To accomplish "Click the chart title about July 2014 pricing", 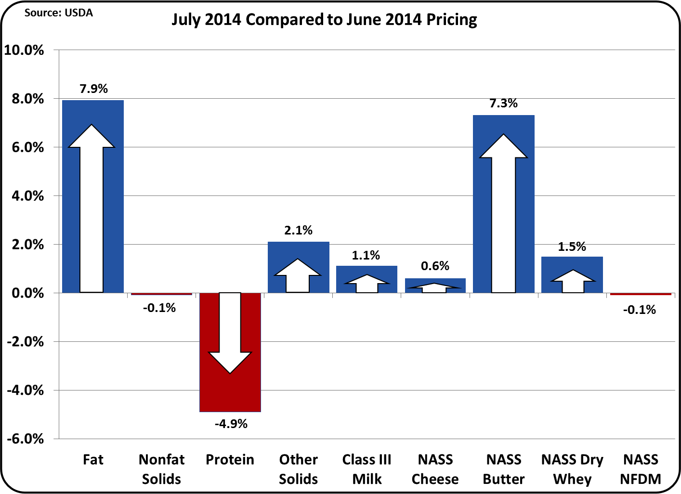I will click(x=324, y=20).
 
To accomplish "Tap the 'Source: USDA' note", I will click(x=58, y=13).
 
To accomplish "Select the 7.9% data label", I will click(x=93, y=89).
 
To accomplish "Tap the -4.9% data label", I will click(x=231, y=424).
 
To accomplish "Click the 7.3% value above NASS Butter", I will click(x=503, y=103).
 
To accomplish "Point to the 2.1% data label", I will click(x=298, y=230).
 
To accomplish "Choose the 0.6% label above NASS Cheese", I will click(x=435, y=266).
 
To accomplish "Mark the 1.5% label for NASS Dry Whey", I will click(x=572, y=247).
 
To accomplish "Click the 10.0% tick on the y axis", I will click(x=24, y=50).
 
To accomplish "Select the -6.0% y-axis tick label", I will click(x=25, y=439).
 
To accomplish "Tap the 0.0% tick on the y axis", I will click(x=27, y=293).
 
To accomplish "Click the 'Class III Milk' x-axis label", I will click(x=367, y=469).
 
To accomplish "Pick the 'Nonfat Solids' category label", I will click(x=161, y=469).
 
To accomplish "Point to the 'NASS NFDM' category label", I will click(x=640, y=469).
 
